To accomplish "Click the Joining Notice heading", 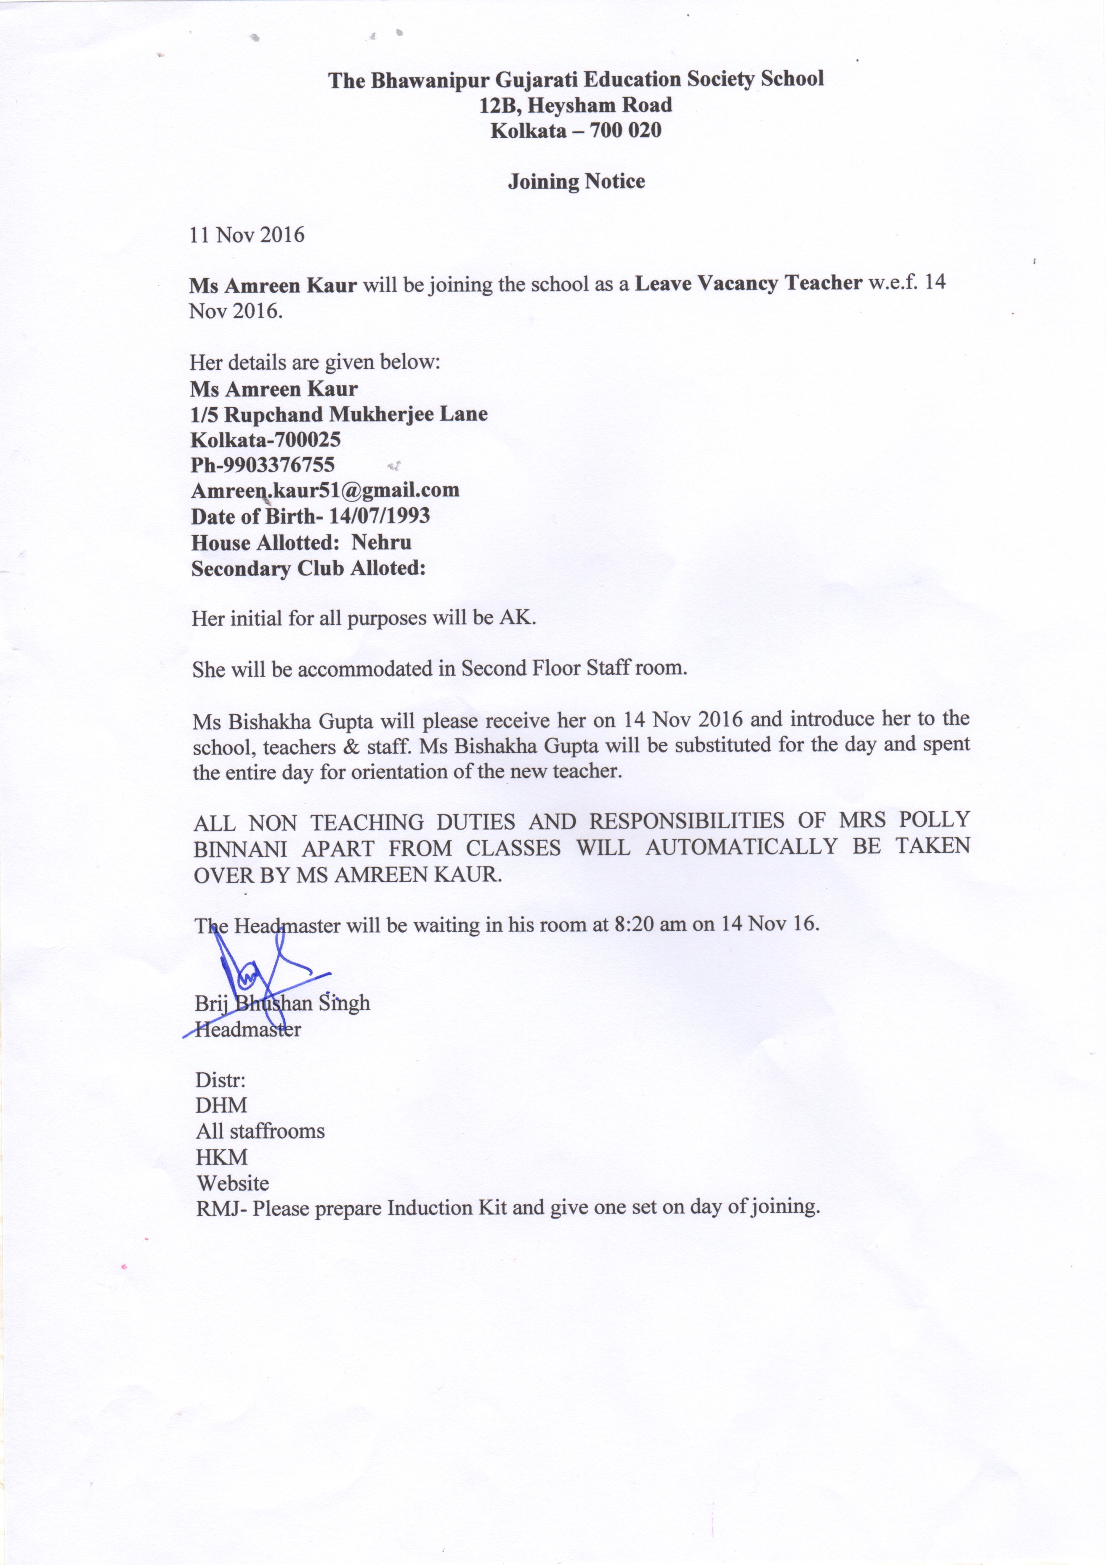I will pyautogui.click(x=576, y=182).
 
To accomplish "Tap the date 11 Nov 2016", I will pyautogui.click(x=247, y=235).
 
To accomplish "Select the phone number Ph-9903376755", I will pyautogui.click(x=263, y=465).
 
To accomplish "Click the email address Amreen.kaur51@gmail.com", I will pyautogui.click(x=325, y=490).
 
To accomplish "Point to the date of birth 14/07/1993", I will pyautogui.click(x=379, y=516).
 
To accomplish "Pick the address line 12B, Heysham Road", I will pyautogui.click(x=576, y=105).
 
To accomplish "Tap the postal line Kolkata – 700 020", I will pyautogui.click(x=576, y=130).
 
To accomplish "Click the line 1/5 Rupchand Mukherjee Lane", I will pyautogui.click(x=339, y=414).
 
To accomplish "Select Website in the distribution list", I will pyautogui.click(x=232, y=1183).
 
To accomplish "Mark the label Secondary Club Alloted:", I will pyautogui.click(x=308, y=569).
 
